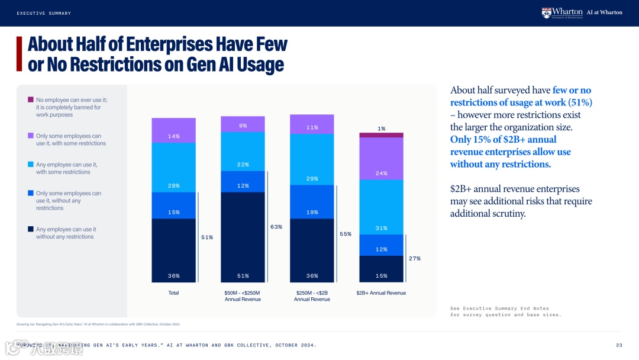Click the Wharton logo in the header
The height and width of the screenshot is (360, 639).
pos(561,12)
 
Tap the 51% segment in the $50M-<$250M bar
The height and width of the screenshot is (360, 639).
pos(243,237)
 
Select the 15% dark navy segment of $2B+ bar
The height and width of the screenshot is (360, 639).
pos(381,269)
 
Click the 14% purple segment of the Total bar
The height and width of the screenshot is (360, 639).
pos(173,131)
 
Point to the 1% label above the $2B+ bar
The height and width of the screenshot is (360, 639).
pos(382,128)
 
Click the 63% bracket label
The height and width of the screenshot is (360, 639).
pos(276,227)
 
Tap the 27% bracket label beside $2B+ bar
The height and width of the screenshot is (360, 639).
pos(414,258)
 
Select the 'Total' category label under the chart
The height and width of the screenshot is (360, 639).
pos(173,293)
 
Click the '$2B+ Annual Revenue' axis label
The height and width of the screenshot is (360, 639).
pos(381,293)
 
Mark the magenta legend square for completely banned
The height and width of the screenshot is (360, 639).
pos(31,100)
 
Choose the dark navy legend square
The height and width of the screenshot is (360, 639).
pos(31,229)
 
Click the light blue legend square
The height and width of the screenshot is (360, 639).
pos(31,164)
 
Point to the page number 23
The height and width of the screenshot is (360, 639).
pos(619,345)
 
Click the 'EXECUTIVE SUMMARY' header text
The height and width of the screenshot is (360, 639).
pos(44,13)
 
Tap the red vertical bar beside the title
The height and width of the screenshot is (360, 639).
pos(19,54)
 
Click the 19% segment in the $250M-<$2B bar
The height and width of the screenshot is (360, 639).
pos(312,202)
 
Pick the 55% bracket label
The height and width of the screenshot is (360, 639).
pos(346,234)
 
